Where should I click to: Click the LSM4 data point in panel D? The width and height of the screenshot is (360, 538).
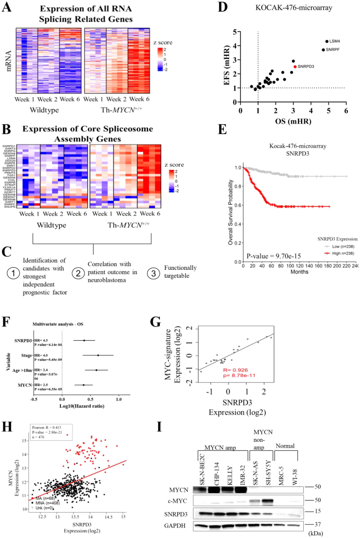pyautogui.click(x=327, y=42)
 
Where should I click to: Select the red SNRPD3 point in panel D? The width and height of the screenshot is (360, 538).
pyautogui.click(x=295, y=67)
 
